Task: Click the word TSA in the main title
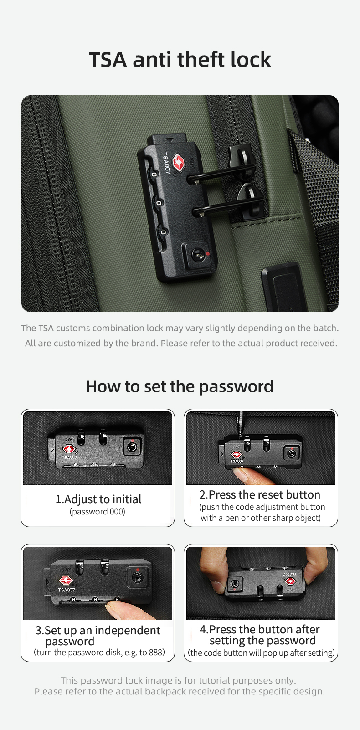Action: click(x=108, y=60)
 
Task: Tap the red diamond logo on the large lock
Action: click(x=178, y=162)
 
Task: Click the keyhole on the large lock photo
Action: click(x=198, y=255)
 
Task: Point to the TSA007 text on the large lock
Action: click(x=166, y=163)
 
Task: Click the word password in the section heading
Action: click(x=236, y=386)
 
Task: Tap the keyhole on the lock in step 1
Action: click(x=132, y=447)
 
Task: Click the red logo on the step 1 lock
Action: click(x=69, y=450)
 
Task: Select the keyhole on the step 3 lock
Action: click(x=138, y=577)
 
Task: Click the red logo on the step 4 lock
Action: click(x=290, y=581)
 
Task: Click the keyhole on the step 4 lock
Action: click(x=234, y=583)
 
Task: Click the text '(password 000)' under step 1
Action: click(x=98, y=512)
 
